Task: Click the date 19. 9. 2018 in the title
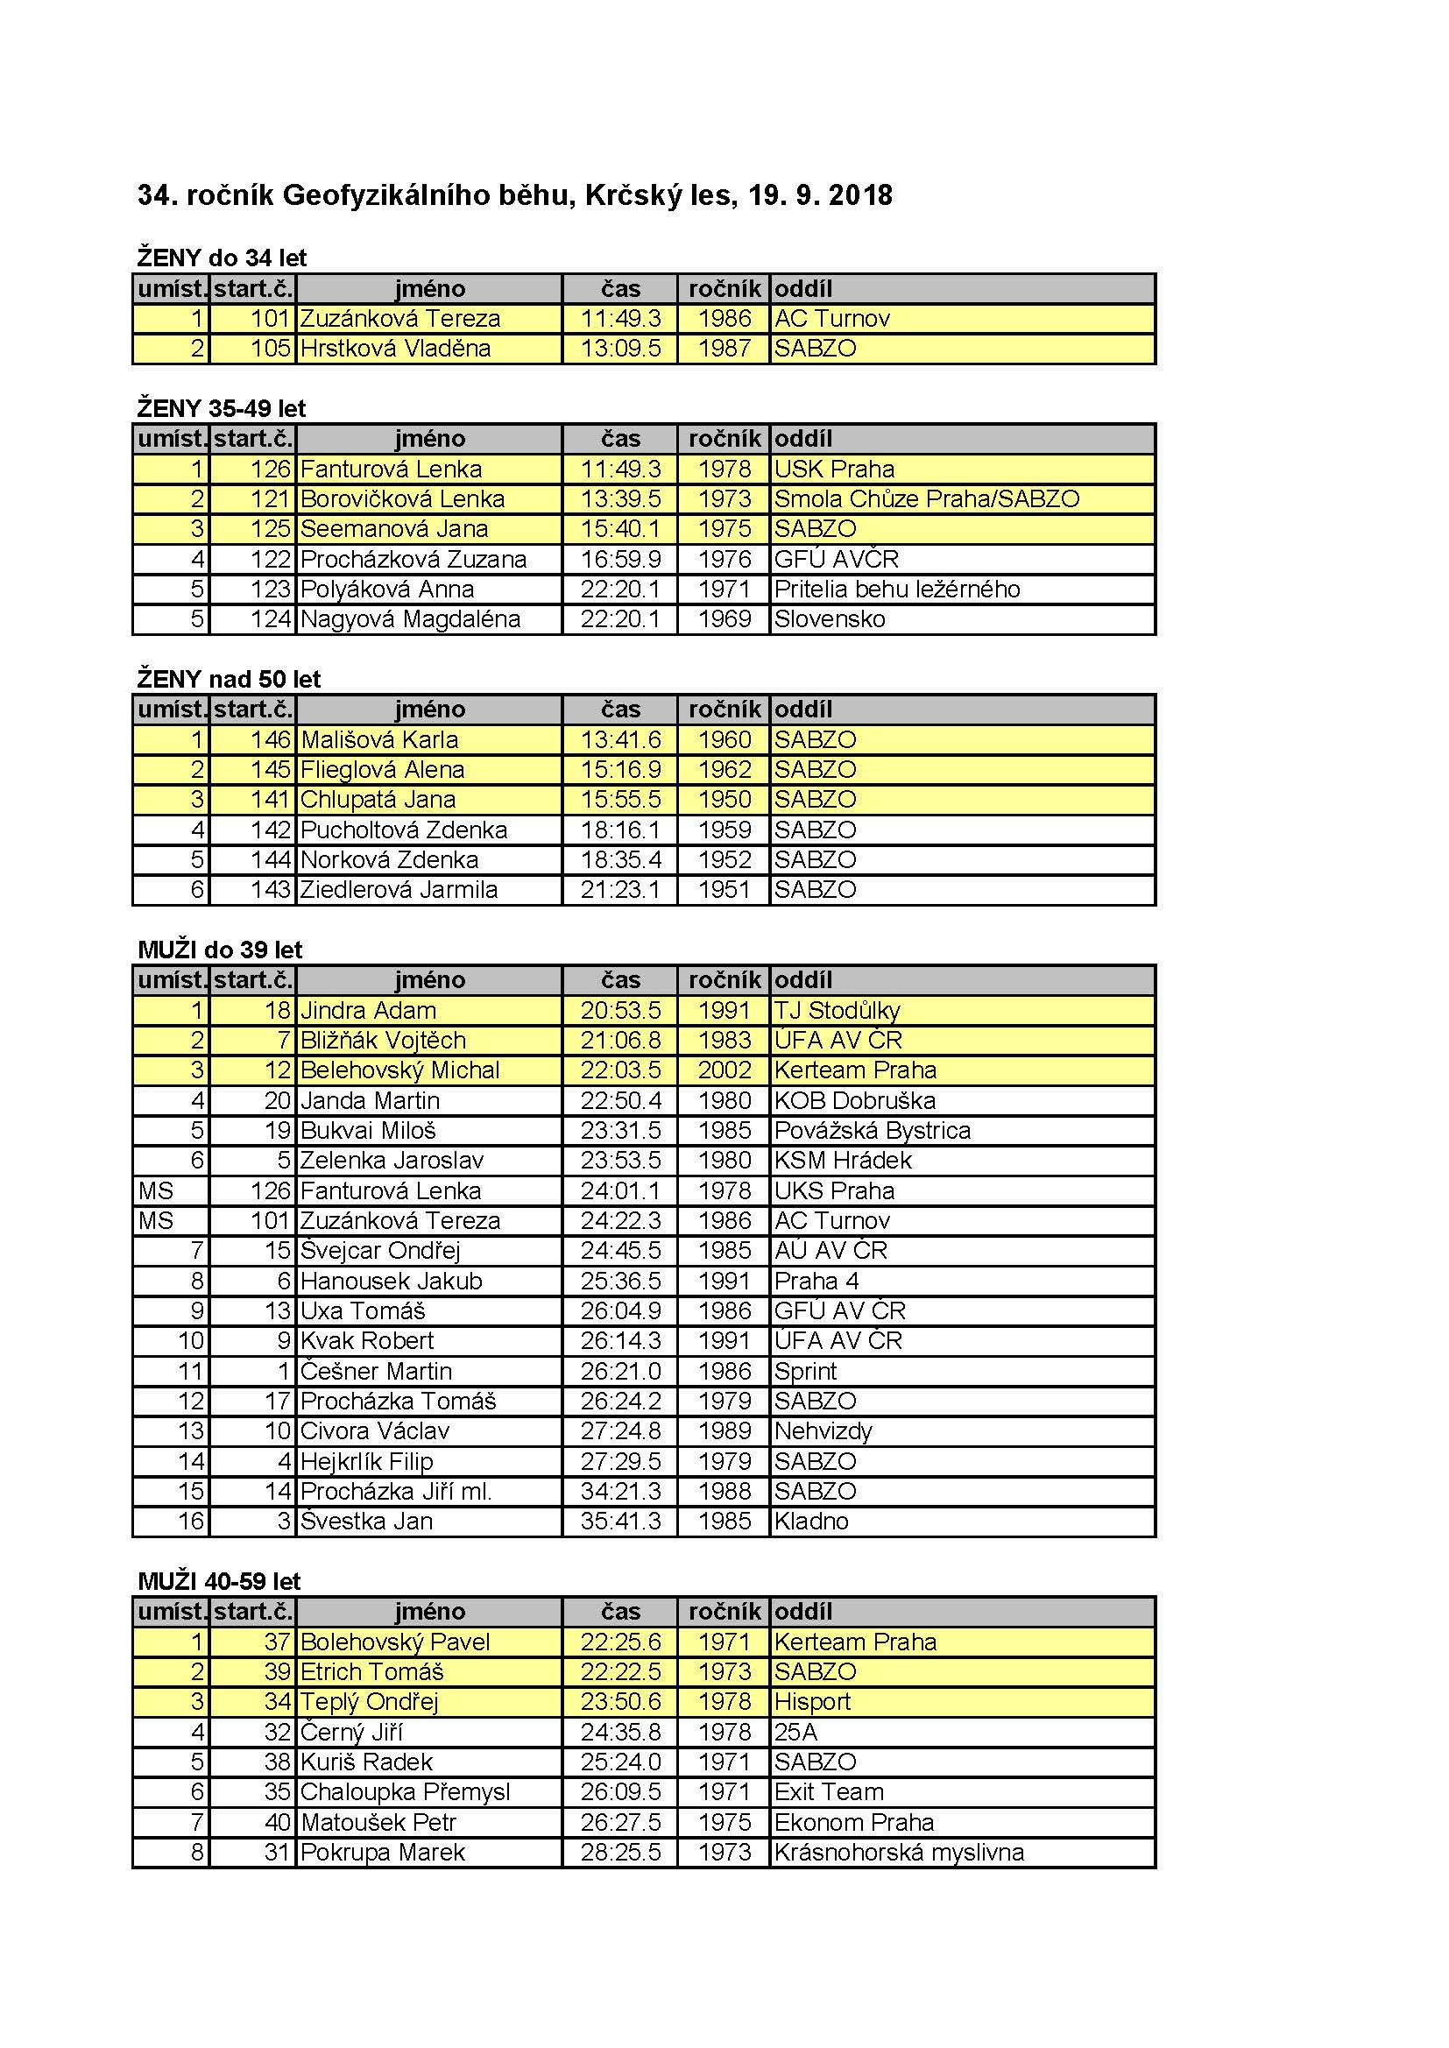pyautogui.click(x=820, y=195)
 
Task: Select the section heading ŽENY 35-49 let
pyautogui.click(x=222, y=408)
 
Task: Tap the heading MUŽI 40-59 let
pyautogui.click(x=220, y=1581)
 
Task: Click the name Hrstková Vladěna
pyautogui.click(x=395, y=349)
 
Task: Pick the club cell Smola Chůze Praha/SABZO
pyautogui.click(x=926, y=498)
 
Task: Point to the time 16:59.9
pyautogui.click(x=620, y=559)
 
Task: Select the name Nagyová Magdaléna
pyautogui.click(x=409, y=619)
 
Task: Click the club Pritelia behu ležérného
pyautogui.click(x=897, y=590)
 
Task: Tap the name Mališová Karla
pyautogui.click(x=379, y=739)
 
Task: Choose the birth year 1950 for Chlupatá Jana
pyautogui.click(x=724, y=800)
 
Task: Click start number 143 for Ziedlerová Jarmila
pyautogui.click(x=271, y=890)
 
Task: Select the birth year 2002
pyautogui.click(x=724, y=1070)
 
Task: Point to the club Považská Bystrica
pyautogui.click(x=872, y=1131)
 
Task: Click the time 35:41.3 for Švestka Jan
pyautogui.click(x=620, y=1522)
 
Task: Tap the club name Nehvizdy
pyautogui.click(x=823, y=1431)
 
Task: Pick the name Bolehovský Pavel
pyautogui.click(x=395, y=1642)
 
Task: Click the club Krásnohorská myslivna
pyautogui.click(x=899, y=1853)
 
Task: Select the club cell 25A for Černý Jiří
pyautogui.click(x=795, y=1733)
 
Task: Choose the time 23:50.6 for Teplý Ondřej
pyautogui.click(x=620, y=1702)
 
